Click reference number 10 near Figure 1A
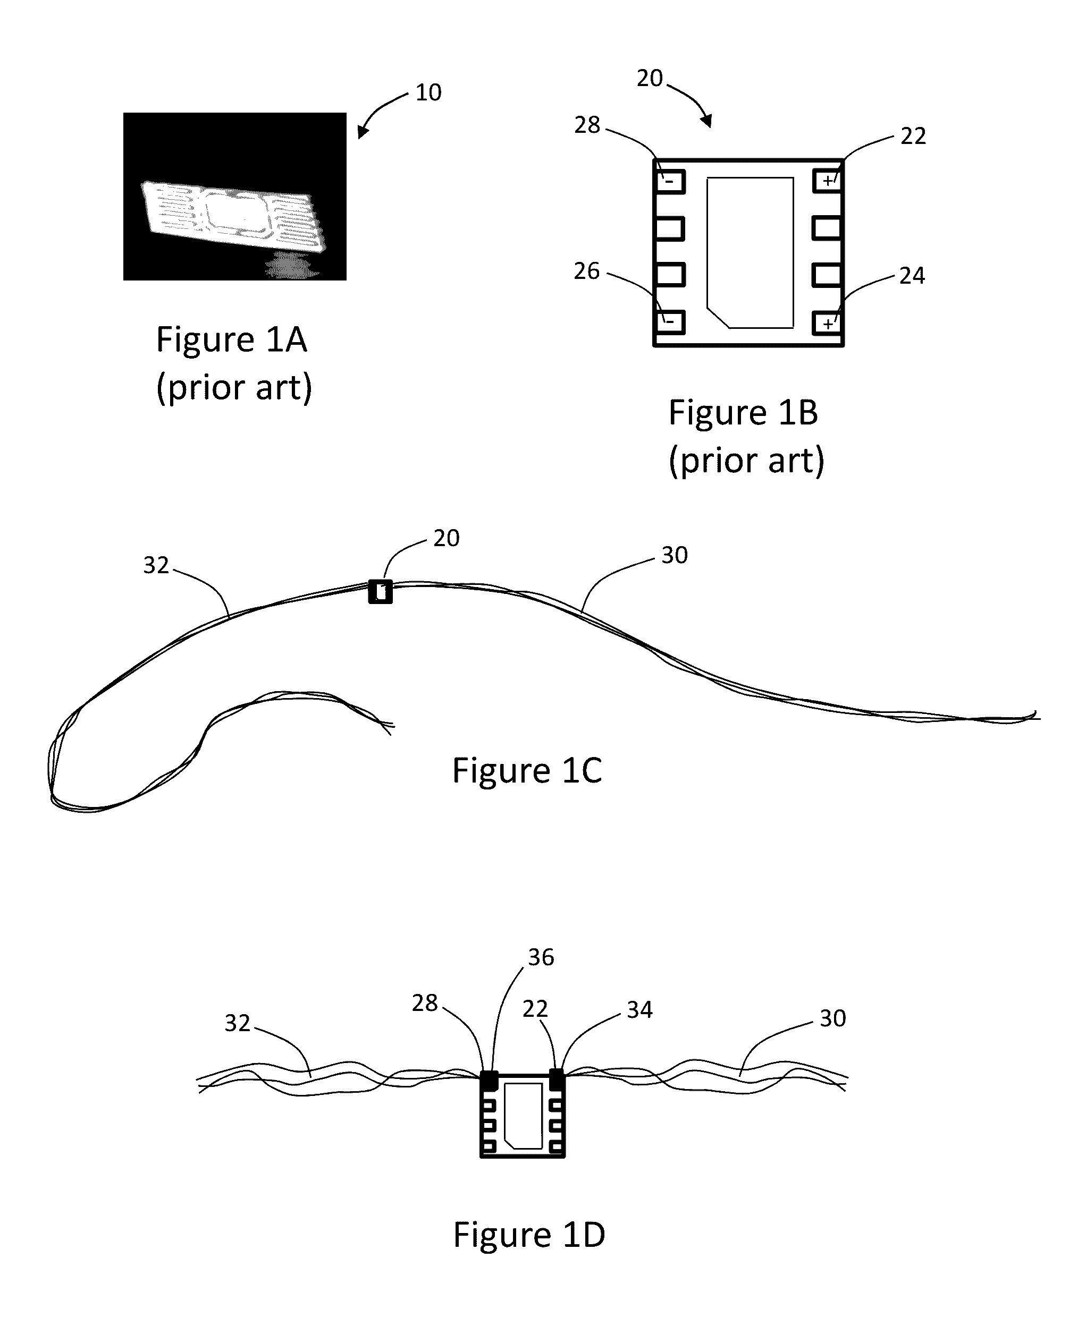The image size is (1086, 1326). click(x=428, y=92)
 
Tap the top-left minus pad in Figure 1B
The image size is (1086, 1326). click(x=670, y=182)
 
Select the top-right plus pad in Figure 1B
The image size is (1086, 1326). click(x=828, y=181)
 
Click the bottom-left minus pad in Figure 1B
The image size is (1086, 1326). click(x=670, y=322)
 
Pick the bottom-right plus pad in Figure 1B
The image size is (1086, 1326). click(x=828, y=323)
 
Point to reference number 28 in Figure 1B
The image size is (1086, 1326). click(x=587, y=125)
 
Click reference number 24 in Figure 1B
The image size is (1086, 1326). click(x=912, y=276)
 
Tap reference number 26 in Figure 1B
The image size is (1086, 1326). click(x=587, y=271)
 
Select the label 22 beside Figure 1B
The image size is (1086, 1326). click(x=913, y=135)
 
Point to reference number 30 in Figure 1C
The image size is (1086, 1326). click(x=675, y=555)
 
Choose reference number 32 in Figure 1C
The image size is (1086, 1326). click(x=156, y=565)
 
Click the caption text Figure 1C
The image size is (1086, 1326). click(x=527, y=770)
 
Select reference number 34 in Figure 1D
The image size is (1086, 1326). click(x=639, y=1010)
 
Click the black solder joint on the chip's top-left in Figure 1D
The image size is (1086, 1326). click(x=489, y=1079)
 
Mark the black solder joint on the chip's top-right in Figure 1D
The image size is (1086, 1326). click(x=556, y=1078)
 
